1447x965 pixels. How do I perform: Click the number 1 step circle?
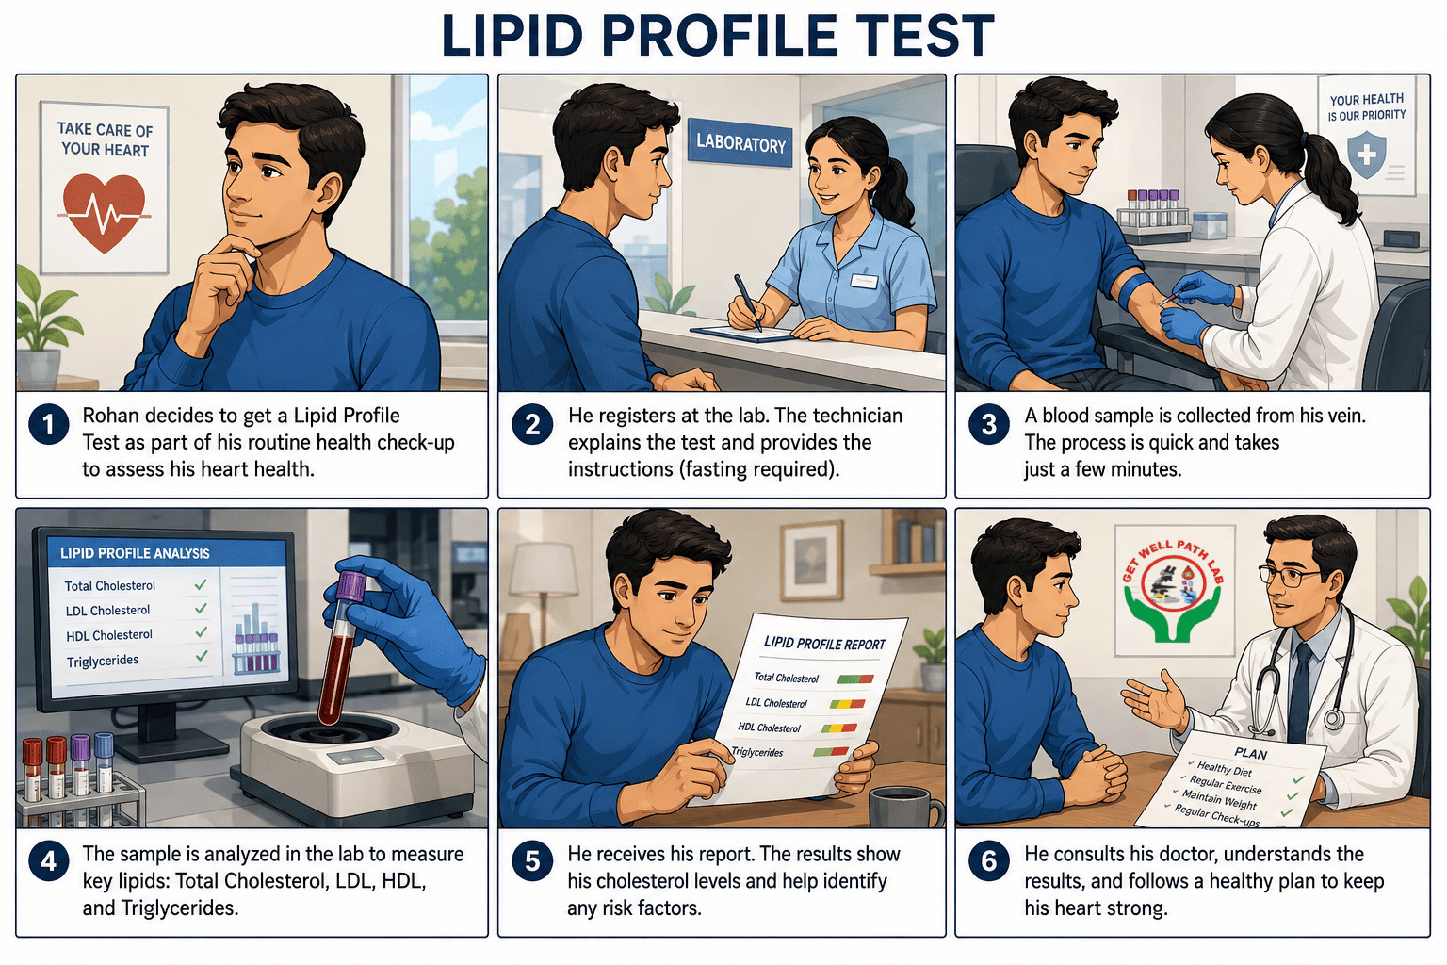pyautogui.click(x=48, y=425)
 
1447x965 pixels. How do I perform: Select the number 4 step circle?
pyautogui.click(x=48, y=862)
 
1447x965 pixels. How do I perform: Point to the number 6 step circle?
pyautogui.click(x=988, y=861)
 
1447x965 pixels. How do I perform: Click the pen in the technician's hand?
pyautogui.click(x=747, y=302)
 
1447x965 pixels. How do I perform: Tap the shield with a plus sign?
pyautogui.click(x=1366, y=155)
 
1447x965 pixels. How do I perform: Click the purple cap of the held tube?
pyautogui.click(x=350, y=585)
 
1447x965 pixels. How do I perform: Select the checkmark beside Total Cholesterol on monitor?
pyautogui.click(x=201, y=584)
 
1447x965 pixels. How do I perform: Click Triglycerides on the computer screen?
pyautogui.click(x=103, y=662)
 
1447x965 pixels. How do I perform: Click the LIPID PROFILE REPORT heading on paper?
pyautogui.click(x=824, y=643)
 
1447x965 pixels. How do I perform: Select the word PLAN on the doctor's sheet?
pyautogui.click(x=1251, y=754)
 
